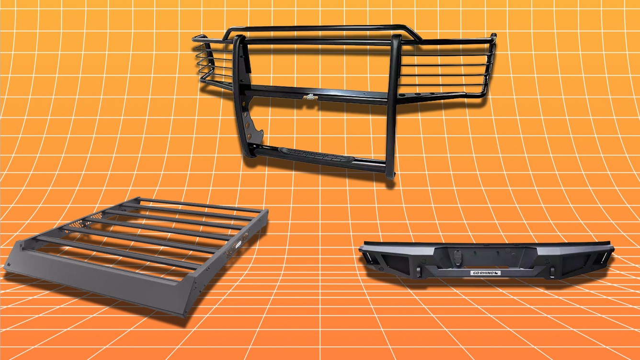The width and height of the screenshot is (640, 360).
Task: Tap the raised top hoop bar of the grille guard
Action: [316, 30]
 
